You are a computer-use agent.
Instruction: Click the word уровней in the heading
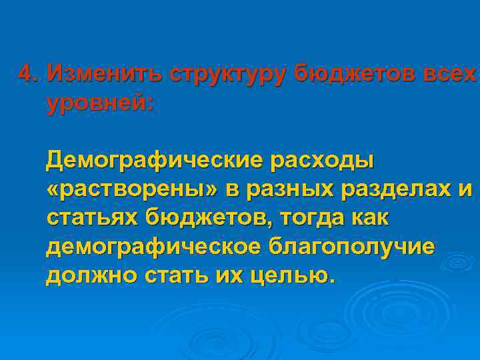[x=99, y=103]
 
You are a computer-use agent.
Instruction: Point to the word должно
[x=86, y=275]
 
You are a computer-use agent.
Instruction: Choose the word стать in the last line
[x=172, y=275]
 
